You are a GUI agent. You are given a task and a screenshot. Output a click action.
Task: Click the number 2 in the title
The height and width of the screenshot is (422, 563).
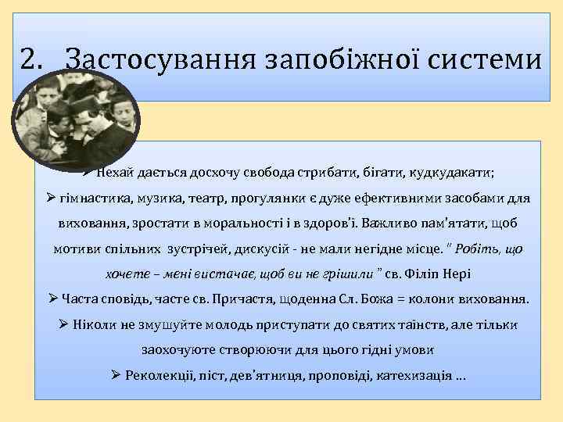click(29, 59)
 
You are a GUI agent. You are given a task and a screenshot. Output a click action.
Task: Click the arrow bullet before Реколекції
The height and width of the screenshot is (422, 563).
click(117, 374)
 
